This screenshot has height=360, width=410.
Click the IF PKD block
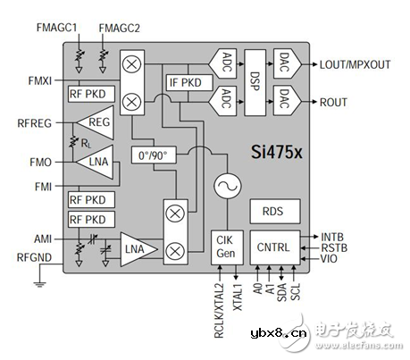tap(189, 82)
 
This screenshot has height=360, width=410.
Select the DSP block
tap(255, 82)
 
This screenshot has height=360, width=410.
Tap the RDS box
tap(275, 212)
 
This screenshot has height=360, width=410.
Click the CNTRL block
tap(275, 247)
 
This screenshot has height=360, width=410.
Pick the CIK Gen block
tap(227, 247)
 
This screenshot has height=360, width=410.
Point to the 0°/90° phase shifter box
tap(154, 155)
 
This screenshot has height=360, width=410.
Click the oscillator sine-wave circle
tap(228, 186)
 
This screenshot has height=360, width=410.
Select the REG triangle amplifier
tap(95, 122)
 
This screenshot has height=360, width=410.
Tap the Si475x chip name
tap(277, 152)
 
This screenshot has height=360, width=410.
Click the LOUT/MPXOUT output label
tap(355, 64)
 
